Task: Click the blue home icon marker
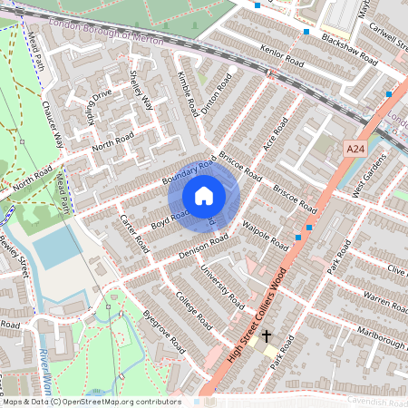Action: tap(204, 195)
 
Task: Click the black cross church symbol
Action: tap(267, 336)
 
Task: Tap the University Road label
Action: tap(222, 285)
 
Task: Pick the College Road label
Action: tap(194, 312)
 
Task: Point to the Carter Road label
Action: tap(134, 234)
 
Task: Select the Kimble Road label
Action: tap(188, 93)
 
